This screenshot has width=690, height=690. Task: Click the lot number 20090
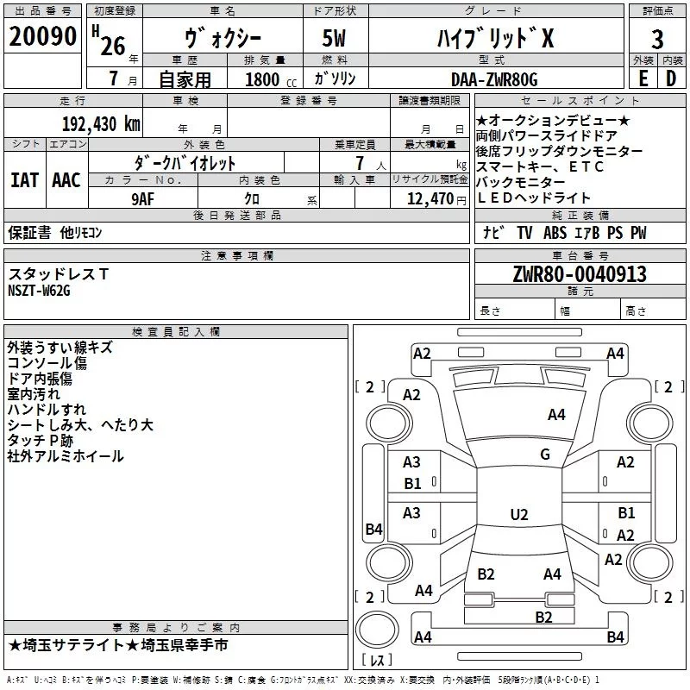pyautogui.click(x=42, y=36)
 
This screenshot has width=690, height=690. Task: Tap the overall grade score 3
pyautogui.click(x=657, y=40)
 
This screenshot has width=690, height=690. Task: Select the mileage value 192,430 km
pyautogui.click(x=101, y=124)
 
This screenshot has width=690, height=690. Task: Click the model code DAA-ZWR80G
pyautogui.click(x=494, y=79)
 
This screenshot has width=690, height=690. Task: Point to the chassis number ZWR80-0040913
pyautogui.click(x=580, y=274)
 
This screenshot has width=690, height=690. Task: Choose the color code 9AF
pyautogui.click(x=142, y=199)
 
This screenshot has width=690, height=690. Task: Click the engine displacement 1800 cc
pyautogui.click(x=271, y=79)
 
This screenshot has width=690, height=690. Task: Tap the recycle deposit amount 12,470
pyautogui.click(x=430, y=199)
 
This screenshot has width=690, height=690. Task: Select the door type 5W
pyautogui.click(x=334, y=38)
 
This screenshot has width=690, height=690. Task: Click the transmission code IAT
pyautogui.click(x=25, y=180)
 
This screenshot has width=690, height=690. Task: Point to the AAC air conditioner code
pyautogui.click(x=66, y=180)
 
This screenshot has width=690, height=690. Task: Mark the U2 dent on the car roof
pyautogui.click(x=519, y=514)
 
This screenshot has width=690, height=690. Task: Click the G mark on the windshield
pyautogui.click(x=545, y=455)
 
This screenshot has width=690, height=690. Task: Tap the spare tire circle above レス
pyautogui.click(x=377, y=630)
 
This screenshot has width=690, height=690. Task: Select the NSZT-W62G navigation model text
pyautogui.click(x=39, y=291)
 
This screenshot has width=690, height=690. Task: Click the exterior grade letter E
pyautogui.click(x=643, y=78)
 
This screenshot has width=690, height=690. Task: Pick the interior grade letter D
pyautogui.click(x=671, y=78)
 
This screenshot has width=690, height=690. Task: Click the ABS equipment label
pyautogui.click(x=555, y=233)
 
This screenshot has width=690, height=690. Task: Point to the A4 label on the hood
pyautogui.click(x=556, y=415)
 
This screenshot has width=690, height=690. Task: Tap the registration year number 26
pyautogui.click(x=113, y=46)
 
